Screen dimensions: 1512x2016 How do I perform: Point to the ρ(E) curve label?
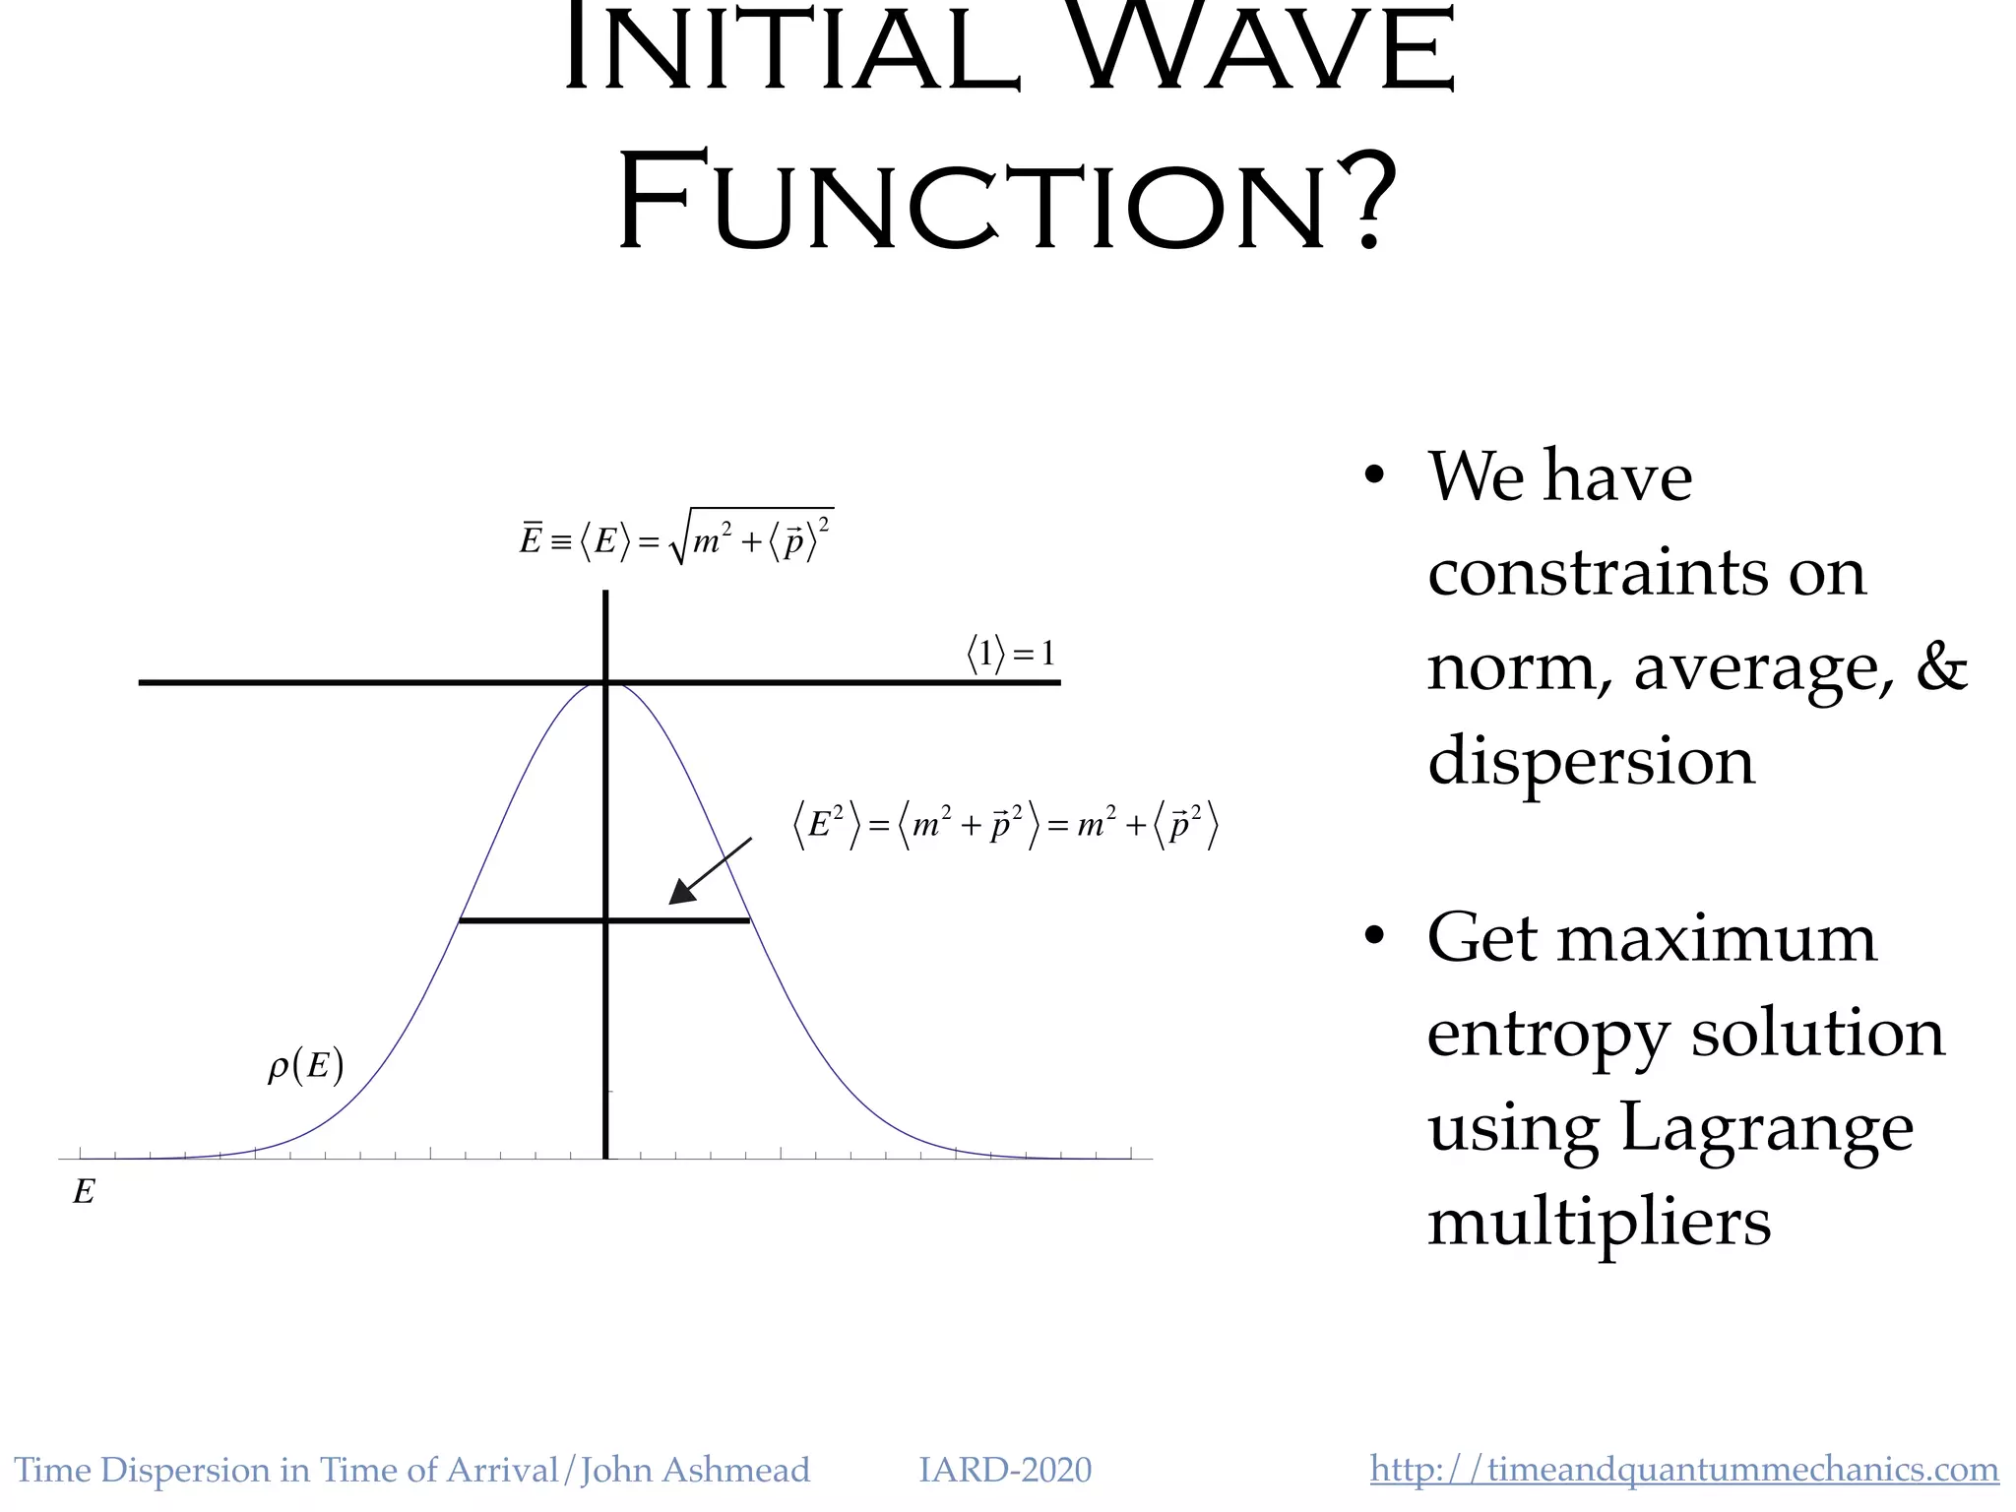305,1066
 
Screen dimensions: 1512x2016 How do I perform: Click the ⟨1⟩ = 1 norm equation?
1010,654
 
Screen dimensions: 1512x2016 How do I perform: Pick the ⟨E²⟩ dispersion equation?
1005,825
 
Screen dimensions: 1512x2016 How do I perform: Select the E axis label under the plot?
84,1192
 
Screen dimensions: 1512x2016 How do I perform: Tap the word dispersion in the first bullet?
1591,761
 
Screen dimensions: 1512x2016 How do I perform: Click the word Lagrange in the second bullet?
1766,1127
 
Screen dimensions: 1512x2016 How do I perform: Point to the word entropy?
1547,1034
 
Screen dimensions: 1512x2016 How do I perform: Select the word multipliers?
1599,1222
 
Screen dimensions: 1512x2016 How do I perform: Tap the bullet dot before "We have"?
1374,476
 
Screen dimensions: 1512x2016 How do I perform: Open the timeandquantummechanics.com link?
1683,1470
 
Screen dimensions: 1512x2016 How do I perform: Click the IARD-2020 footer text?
1004,1470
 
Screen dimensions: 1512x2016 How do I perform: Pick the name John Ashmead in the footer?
695,1470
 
